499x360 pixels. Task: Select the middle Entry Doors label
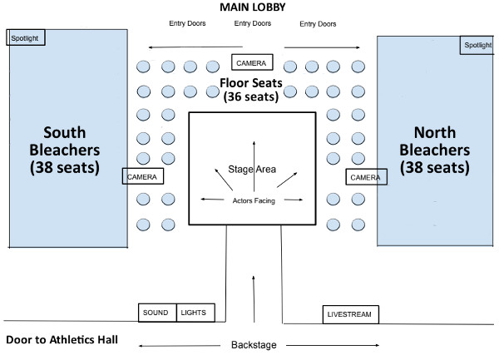pyautogui.click(x=253, y=24)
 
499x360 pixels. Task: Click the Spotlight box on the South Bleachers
pyautogui.click(x=25, y=37)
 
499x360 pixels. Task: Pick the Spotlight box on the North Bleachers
pyautogui.click(x=477, y=45)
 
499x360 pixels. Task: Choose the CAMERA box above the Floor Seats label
pyautogui.click(x=250, y=62)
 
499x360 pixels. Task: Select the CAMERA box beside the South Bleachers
pyautogui.click(x=143, y=176)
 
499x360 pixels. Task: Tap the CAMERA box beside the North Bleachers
pyautogui.click(x=366, y=177)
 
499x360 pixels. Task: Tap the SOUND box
pyautogui.click(x=157, y=313)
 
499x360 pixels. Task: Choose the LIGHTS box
pyautogui.click(x=195, y=313)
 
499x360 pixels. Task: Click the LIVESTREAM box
pyautogui.click(x=351, y=314)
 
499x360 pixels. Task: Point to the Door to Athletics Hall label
pyautogui.click(x=62, y=339)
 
